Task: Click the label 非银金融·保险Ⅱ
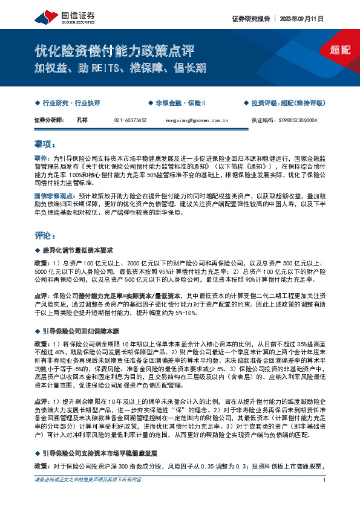180,103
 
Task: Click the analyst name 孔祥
82,120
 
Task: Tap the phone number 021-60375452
130,120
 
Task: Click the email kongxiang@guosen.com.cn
196,120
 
